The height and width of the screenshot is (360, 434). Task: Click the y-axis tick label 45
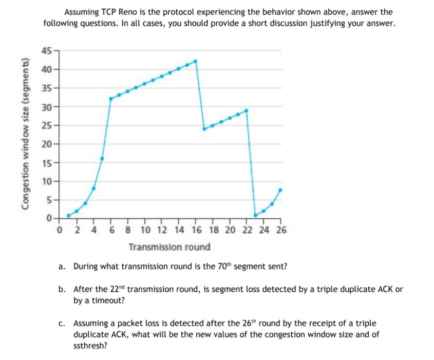pyautogui.click(x=46, y=50)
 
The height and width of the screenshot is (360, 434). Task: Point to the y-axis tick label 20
pyautogui.click(x=46, y=145)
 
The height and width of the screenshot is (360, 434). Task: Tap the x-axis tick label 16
pyautogui.click(x=196, y=230)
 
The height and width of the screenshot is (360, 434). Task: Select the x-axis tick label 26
pyautogui.click(x=281, y=230)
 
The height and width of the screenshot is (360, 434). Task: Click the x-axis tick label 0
pyautogui.click(x=60, y=230)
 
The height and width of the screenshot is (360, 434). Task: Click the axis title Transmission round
pyautogui.click(x=169, y=247)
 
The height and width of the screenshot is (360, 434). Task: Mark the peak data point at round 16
pyautogui.click(x=195, y=61)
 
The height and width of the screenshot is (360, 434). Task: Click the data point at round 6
pyautogui.click(x=110, y=99)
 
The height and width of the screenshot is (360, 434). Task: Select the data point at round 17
pyautogui.click(x=204, y=128)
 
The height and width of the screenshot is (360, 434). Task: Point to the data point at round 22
pyautogui.click(x=247, y=110)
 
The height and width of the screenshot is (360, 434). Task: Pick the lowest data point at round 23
pyautogui.click(x=255, y=215)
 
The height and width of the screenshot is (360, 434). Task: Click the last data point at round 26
pyautogui.click(x=280, y=190)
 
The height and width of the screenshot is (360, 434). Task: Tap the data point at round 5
pyautogui.click(x=102, y=158)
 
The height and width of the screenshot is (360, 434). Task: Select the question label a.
pyautogui.click(x=62, y=267)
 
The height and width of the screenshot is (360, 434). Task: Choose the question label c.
pyautogui.click(x=62, y=324)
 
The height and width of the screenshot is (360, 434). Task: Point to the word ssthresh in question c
pyautogui.click(x=90, y=346)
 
